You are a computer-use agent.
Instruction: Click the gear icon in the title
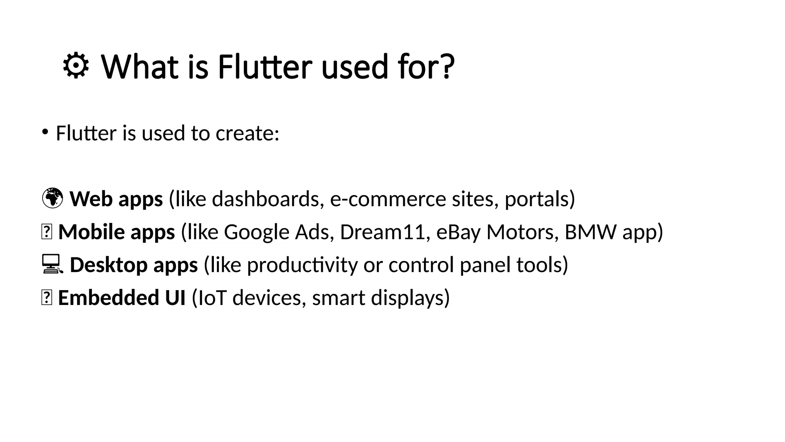click(x=76, y=66)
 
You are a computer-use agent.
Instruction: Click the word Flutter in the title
click(x=264, y=67)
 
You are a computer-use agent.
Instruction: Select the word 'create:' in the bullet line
click(x=247, y=133)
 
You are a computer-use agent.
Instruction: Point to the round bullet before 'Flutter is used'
click(x=45, y=132)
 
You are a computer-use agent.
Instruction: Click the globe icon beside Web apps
click(x=52, y=198)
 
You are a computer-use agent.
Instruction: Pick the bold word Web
click(x=90, y=199)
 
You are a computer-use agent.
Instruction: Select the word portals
click(x=536, y=199)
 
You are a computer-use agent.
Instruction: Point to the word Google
click(x=256, y=233)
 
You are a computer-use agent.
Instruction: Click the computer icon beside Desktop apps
click(x=51, y=264)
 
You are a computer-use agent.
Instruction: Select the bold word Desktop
click(x=109, y=265)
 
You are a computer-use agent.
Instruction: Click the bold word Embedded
click(x=108, y=298)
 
